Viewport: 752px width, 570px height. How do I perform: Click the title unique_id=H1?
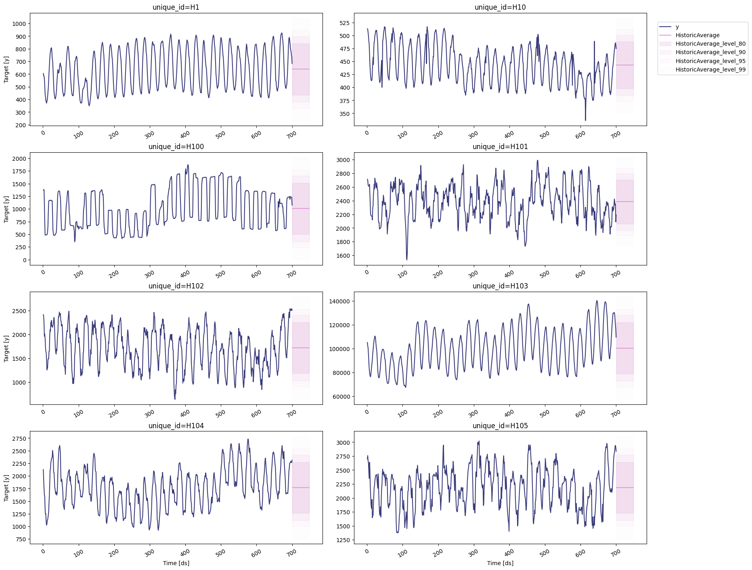click(176, 7)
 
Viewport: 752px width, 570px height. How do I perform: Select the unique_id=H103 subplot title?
click(500, 286)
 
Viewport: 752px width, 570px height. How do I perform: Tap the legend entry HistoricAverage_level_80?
click(710, 44)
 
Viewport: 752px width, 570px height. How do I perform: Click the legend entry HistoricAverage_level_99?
click(710, 69)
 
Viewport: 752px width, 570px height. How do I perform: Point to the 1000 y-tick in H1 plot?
click(19, 24)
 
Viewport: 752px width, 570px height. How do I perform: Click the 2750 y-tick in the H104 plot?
click(19, 439)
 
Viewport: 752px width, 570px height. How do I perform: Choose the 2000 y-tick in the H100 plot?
click(19, 159)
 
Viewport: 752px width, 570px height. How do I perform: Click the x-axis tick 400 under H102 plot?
click(185, 413)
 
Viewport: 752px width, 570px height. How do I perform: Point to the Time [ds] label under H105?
click(500, 563)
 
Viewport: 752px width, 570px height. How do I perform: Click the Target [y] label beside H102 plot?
click(6, 348)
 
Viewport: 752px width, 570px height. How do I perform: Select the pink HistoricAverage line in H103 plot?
click(625, 348)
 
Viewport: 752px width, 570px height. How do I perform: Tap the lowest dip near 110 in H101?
click(406, 259)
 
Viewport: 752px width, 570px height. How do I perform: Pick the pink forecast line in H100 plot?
click(301, 208)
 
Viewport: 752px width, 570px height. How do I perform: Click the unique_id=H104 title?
click(176, 426)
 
